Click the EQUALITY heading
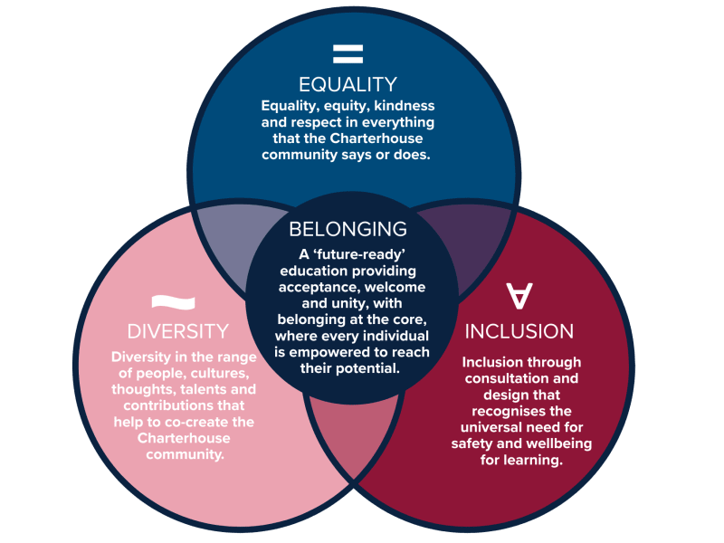tap(348, 84)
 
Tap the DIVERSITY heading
tap(178, 331)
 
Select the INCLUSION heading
tap(519, 331)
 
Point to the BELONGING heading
tap(348, 229)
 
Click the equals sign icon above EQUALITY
tap(348, 53)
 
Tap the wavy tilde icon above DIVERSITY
tap(173, 302)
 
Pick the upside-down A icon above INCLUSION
tap(519, 296)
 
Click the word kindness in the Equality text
tap(404, 106)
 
